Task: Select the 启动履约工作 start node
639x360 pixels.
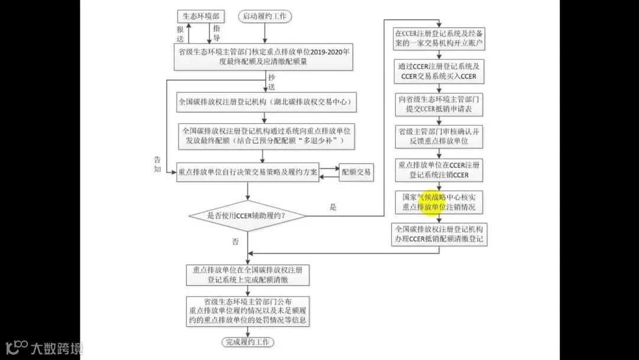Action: tap(264, 16)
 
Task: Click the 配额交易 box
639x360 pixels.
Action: tap(356, 172)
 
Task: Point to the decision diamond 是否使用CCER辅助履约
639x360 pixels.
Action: tap(247, 216)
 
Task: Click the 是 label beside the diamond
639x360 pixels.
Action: tap(333, 207)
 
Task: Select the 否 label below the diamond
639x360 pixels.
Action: tap(235, 242)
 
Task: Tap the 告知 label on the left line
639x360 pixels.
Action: tap(157, 164)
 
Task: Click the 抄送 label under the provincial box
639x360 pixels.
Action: tap(272, 81)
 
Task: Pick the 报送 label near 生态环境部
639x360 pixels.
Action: tap(180, 34)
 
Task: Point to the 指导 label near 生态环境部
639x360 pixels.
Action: tap(217, 33)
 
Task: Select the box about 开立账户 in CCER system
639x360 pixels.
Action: tap(439, 38)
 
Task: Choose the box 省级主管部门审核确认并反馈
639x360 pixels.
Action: tap(439, 137)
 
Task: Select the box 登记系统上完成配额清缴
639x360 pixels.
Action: tap(247, 274)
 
